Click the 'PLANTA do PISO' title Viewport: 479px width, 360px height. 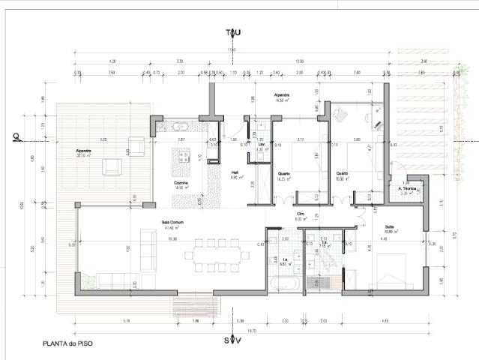tap(67, 346)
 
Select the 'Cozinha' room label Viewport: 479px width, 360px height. tap(179, 182)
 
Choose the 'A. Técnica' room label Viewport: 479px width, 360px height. tap(408, 188)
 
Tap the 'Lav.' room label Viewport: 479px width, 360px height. tap(262, 144)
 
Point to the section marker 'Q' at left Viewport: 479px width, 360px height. tap(14, 136)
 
